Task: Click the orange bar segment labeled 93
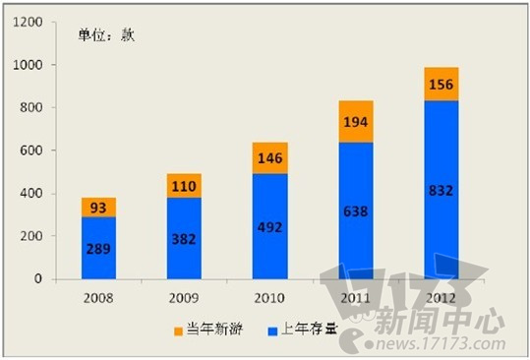coord(98,207)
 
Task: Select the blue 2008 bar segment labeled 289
coord(98,248)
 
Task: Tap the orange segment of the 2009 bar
coord(184,186)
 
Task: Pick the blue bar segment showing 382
coord(184,239)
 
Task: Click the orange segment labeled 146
coord(270,158)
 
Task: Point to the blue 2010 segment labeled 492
coord(270,227)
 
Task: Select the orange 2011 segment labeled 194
coord(356,121)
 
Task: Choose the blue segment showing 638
coord(356,210)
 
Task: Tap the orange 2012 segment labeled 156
coord(442,84)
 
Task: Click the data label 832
coord(441,191)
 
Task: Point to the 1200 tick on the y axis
coord(29,23)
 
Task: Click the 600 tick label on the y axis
coord(31,150)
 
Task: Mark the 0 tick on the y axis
coord(38,279)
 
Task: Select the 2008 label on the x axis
coord(98,298)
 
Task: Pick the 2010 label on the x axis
coord(269,298)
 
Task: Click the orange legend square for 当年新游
coord(178,330)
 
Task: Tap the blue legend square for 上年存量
coord(272,330)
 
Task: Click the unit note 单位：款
coord(107,35)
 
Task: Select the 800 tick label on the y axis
coord(31,108)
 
